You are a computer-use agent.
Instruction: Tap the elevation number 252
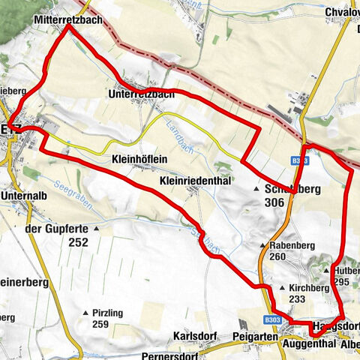[77, 242]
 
